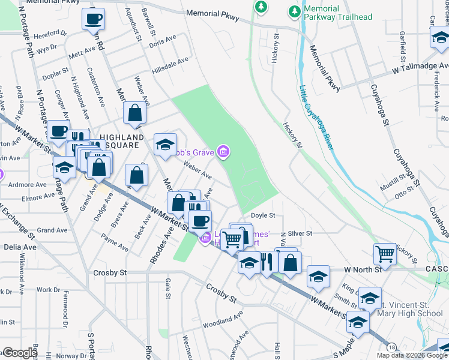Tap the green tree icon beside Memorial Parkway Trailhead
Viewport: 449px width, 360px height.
pos(294,11)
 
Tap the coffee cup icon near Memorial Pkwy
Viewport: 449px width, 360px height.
pos(93,19)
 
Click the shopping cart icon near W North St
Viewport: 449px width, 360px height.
pos(385,253)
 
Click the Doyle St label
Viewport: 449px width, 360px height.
pos(263,215)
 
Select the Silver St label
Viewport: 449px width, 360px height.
pos(301,233)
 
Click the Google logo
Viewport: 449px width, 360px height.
pos(20,353)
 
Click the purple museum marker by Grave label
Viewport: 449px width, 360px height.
pos(223,152)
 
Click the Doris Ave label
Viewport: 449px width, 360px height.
pos(163,41)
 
